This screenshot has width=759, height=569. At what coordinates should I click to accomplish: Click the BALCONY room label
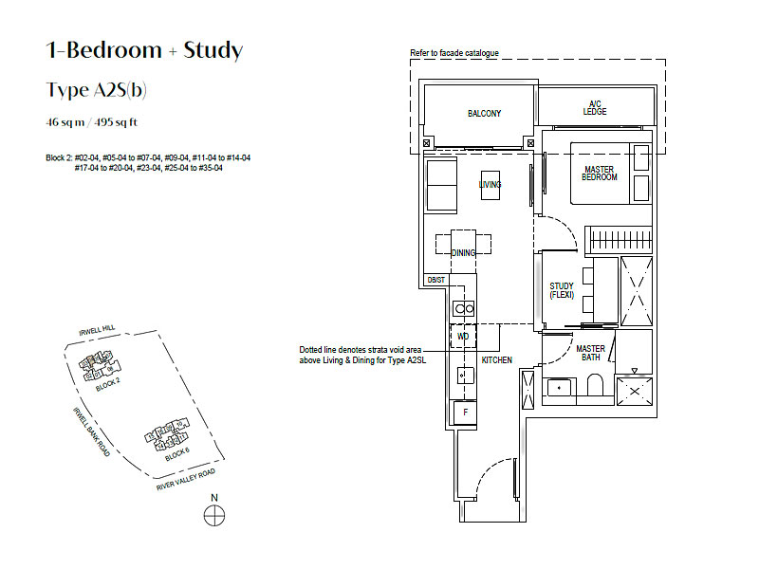tap(484, 113)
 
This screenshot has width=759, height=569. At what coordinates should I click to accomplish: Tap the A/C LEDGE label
tap(595, 107)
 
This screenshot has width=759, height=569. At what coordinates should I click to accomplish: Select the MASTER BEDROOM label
tap(600, 174)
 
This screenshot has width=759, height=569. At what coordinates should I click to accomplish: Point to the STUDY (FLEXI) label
tap(562, 290)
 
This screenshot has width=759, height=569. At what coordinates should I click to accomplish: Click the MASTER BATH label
tap(590, 353)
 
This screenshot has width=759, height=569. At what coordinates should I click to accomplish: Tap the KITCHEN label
tap(496, 360)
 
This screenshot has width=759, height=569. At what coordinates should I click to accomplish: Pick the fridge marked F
tap(465, 413)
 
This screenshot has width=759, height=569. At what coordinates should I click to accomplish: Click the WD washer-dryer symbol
tap(463, 337)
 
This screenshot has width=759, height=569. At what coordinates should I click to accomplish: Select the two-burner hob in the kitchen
tap(464, 308)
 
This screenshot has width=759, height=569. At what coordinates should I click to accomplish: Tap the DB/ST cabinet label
tap(435, 280)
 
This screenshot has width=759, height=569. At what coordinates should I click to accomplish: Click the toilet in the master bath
tap(595, 384)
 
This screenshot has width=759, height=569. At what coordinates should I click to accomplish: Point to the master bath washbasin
tap(559, 388)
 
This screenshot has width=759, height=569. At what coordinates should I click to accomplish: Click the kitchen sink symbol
tap(466, 376)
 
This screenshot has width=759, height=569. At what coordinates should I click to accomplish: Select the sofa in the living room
tap(441, 185)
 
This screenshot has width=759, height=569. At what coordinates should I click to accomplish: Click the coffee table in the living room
tap(491, 185)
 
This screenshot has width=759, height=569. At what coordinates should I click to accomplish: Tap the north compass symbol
tap(214, 515)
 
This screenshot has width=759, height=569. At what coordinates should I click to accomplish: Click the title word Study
tap(213, 50)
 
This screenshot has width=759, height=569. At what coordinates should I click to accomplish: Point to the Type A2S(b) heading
tap(97, 90)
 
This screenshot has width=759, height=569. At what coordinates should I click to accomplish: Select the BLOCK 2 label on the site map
tap(108, 385)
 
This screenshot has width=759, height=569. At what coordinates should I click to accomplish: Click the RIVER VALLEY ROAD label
tap(185, 480)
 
